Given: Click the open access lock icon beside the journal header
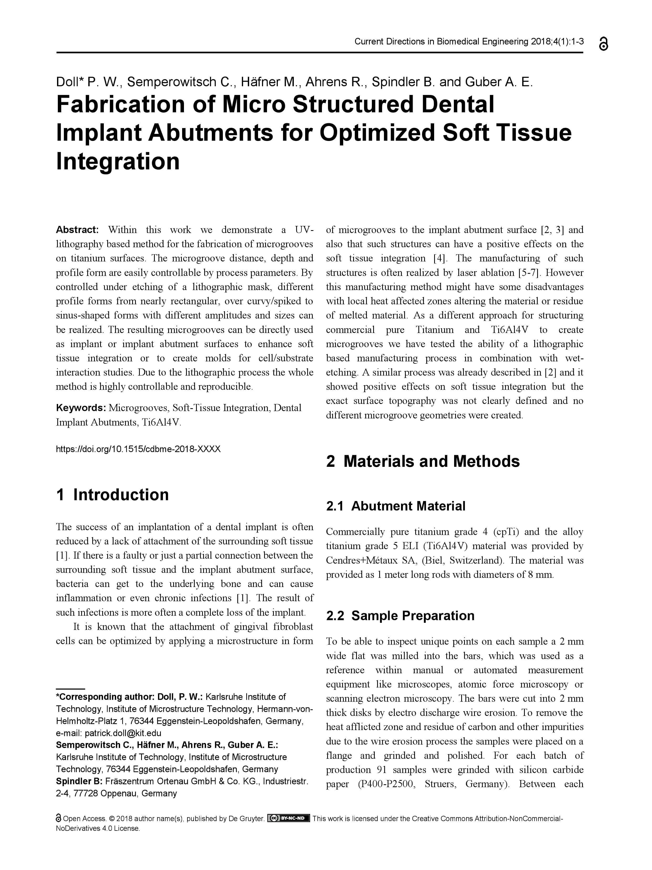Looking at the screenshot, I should click(x=604, y=44).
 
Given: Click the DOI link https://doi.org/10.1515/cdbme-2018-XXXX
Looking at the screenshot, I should click(x=138, y=449).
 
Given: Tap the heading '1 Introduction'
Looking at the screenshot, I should click(x=112, y=495).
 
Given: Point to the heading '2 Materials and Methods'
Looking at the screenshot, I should click(x=423, y=461).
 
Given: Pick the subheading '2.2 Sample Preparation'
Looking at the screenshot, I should click(x=400, y=615).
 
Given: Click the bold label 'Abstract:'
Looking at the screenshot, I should click(x=77, y=230).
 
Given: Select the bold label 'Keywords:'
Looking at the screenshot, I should click(x=81, y=408).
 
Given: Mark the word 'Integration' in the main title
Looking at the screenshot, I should click(x=118, y=161).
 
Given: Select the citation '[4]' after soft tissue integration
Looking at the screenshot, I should click(x=439, y=259).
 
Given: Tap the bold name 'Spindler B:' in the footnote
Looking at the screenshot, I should click(x=79, y=781).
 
